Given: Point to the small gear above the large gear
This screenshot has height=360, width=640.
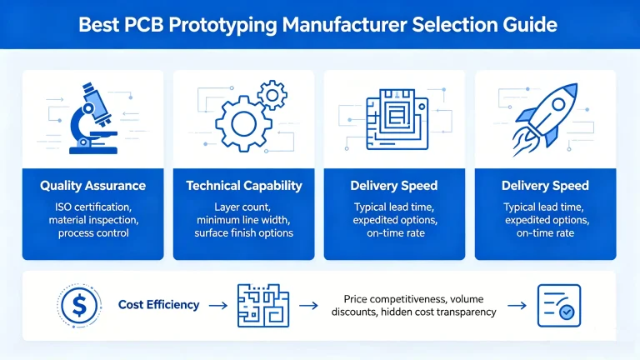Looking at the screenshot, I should point(272,96).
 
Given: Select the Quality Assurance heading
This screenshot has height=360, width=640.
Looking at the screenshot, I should point(92,186).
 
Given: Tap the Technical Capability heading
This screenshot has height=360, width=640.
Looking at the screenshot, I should point(243,186).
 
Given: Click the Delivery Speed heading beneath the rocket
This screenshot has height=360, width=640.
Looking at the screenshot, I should point(545,186).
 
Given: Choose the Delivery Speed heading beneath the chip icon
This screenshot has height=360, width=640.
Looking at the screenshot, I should point(394,186).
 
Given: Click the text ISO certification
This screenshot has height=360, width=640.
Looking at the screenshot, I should point(92,206).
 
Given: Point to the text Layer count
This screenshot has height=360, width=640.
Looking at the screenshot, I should point(243,206).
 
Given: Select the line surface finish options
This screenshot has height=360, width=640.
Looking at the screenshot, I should point(243,232).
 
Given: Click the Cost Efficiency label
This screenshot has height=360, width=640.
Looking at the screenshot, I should point(159,305).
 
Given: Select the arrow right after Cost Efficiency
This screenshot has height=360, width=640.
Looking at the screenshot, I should point(217,306).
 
